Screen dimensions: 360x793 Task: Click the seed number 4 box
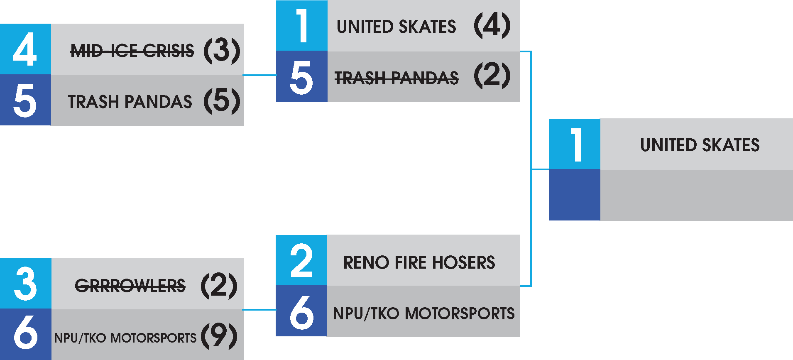tap(25, 49)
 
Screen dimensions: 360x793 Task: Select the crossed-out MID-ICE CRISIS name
tap(132, 51)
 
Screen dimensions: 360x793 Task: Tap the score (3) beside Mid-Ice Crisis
tap(222, 51)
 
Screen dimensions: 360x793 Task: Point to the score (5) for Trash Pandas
tap(222, 101)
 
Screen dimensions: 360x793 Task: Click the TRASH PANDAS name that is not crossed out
tap(130, 102)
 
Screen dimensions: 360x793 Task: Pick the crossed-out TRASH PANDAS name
tap(396, 78)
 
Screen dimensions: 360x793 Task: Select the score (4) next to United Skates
tap(492, 26)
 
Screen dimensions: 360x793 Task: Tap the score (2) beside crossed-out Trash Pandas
tap(492, 76)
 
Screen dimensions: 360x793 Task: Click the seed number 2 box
tap(301, 260)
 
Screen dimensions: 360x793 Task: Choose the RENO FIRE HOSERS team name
tap(419, 262)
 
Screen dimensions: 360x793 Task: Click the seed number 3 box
tap(25, 284)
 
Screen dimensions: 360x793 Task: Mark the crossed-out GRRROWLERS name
tap(130, 286)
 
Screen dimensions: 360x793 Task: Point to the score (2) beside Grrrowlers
tap(219, 286)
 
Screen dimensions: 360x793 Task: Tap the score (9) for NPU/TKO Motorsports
tap(219, 336)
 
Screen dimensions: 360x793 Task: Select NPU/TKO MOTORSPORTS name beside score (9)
tap(125, 338)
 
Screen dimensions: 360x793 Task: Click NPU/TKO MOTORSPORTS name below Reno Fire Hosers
tap(423, 313)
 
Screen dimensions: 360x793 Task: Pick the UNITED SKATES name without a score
tap(700, 145)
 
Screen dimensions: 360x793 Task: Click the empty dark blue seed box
tap(574, 195)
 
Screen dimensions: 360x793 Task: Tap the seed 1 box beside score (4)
tap(301, 26)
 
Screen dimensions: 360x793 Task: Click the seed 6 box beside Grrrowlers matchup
tap(25, 334)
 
